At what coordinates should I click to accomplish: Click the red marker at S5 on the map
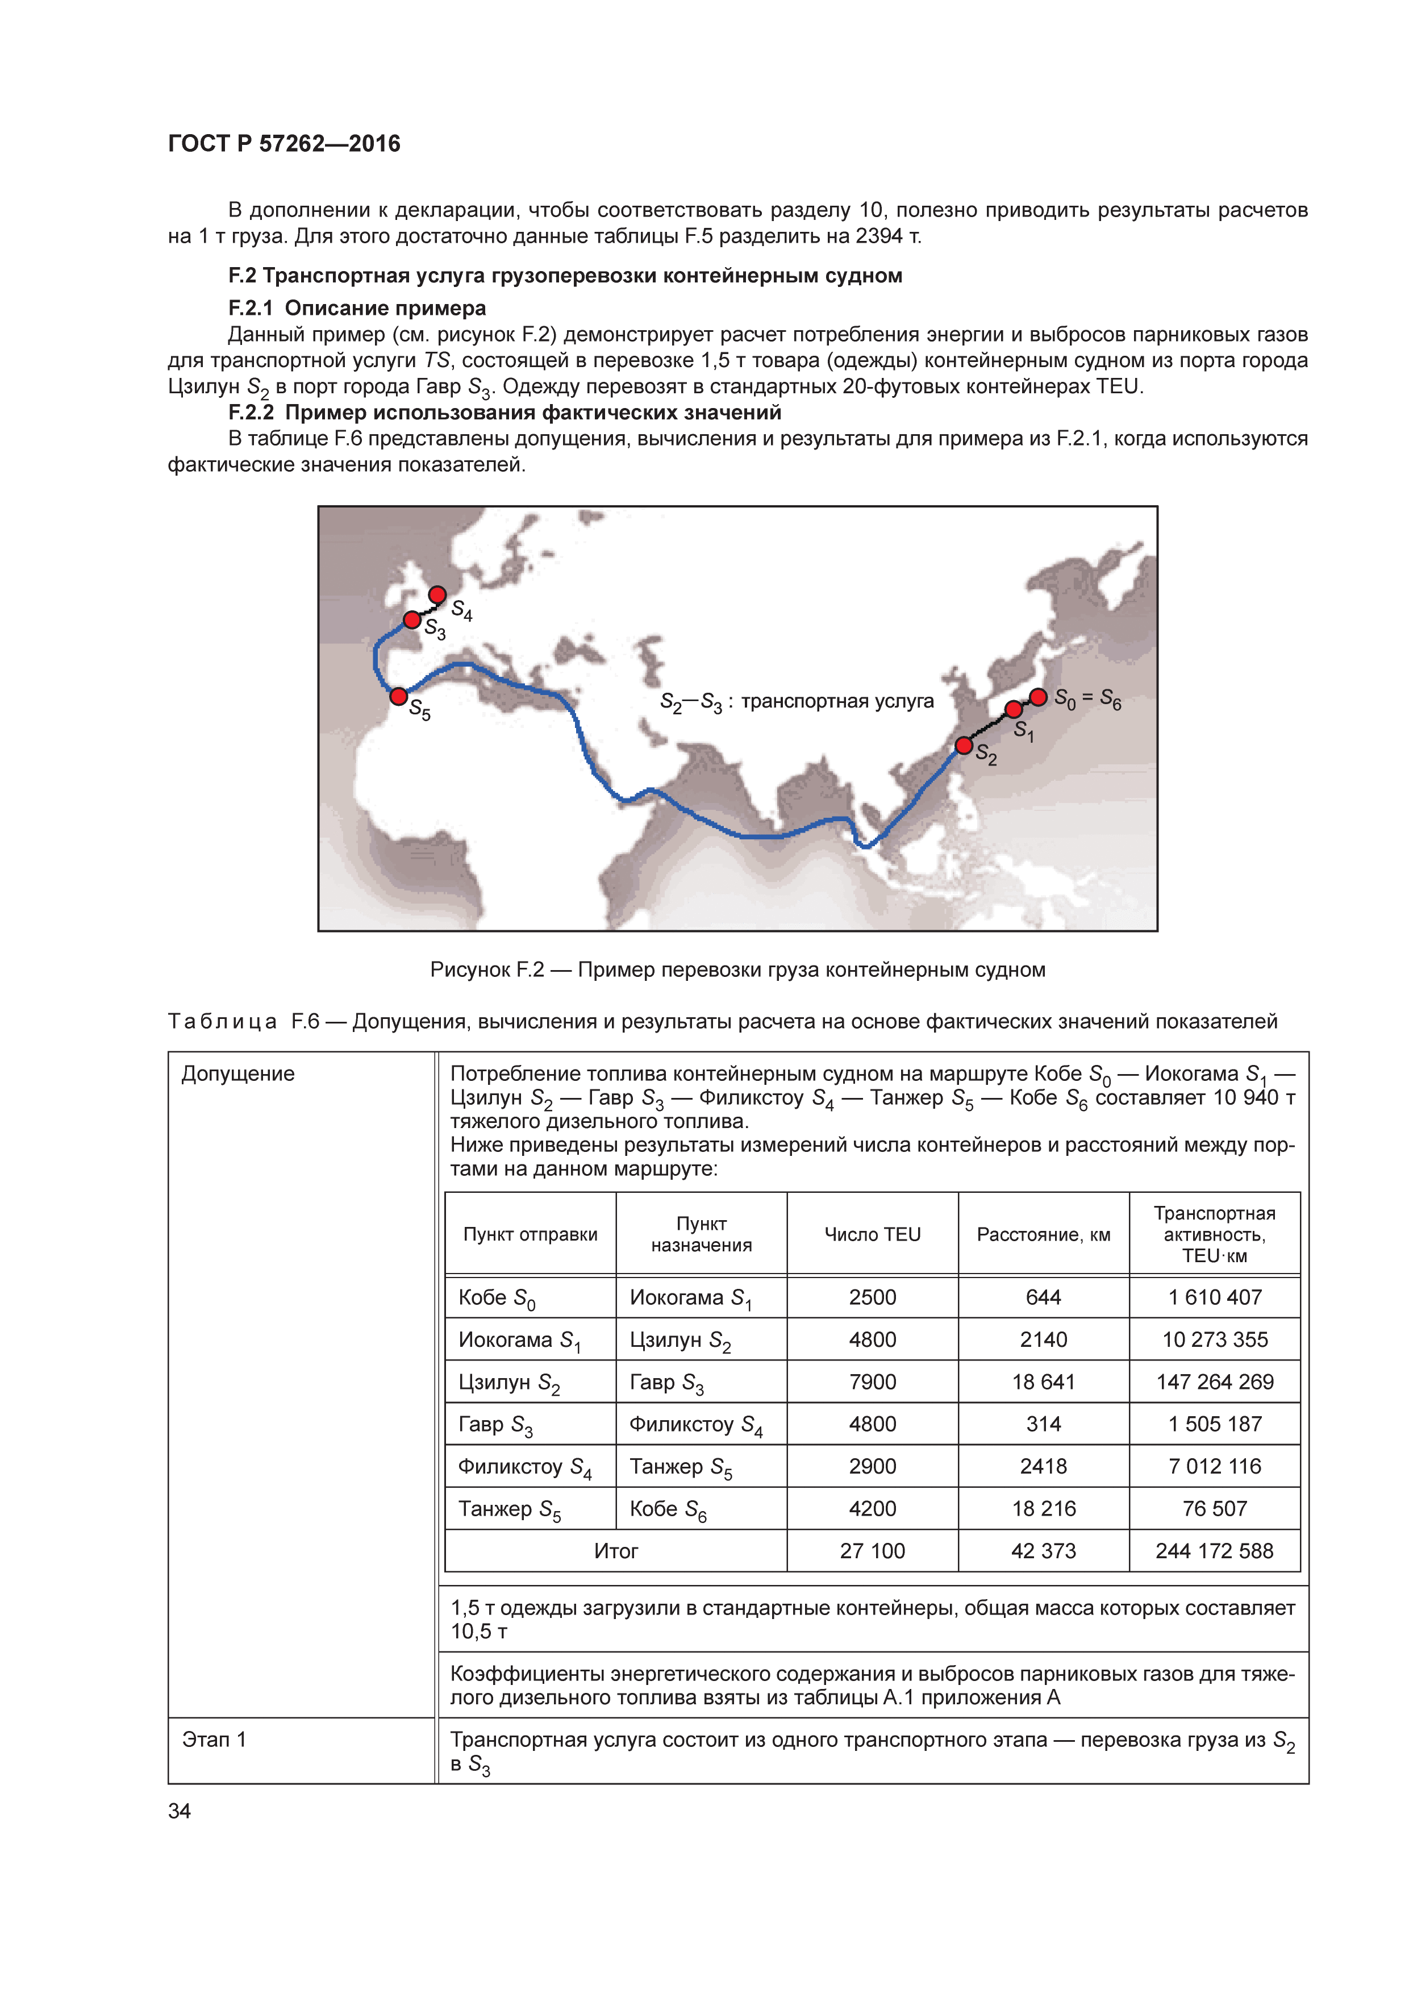click(398, 696)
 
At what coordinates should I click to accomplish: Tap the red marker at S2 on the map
click(964, 745)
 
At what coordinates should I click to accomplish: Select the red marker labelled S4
click(437, 594)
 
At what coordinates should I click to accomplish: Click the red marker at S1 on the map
click(1014, 709)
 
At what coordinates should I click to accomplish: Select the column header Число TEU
click(872, 1234)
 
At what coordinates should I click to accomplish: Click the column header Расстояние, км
click(1043, 1234)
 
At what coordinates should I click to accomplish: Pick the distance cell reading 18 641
click(1043, 1382)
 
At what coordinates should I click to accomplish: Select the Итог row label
click(615, 1551)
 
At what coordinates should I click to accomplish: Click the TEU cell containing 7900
click(872, 1382)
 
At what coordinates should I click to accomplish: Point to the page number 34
click(180, 1811)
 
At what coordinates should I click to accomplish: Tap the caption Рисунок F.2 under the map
click(737, 970)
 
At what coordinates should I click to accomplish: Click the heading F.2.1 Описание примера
click(357, 308)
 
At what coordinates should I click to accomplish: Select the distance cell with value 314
click(1043, 1425)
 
